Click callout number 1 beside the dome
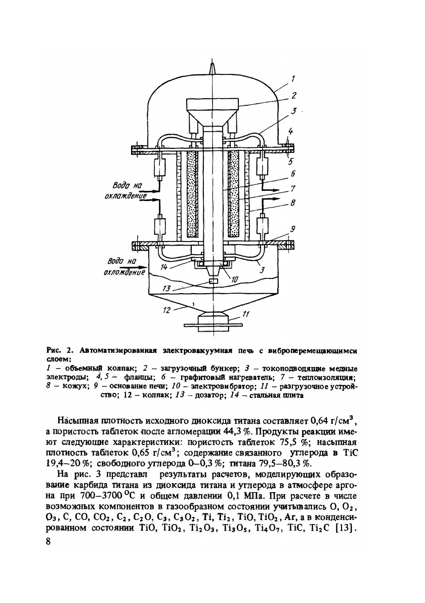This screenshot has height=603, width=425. [293, 78]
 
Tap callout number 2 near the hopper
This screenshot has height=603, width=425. [293, 94]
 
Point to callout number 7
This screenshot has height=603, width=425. [293, 189]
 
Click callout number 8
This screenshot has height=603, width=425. [293, 206]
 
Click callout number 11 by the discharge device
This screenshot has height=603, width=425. [245, 314]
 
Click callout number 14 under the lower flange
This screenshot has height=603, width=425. [163, 266]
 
